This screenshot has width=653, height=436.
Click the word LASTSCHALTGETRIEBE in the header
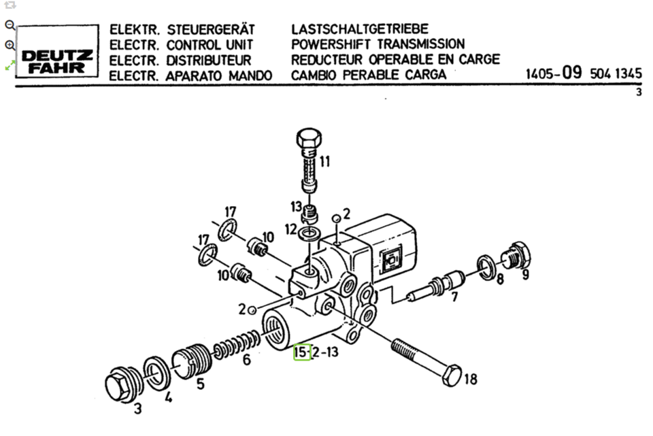coord(360,29)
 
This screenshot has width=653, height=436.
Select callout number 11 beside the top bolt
coord(324,162)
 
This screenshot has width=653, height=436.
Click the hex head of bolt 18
coord(451,375)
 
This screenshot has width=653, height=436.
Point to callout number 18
coord(470,379)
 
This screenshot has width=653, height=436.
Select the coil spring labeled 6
coord(235,345)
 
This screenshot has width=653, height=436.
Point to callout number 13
coord(295,206)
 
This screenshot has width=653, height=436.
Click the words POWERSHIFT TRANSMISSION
coord(378,44)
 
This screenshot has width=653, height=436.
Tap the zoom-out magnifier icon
coord(10,24)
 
